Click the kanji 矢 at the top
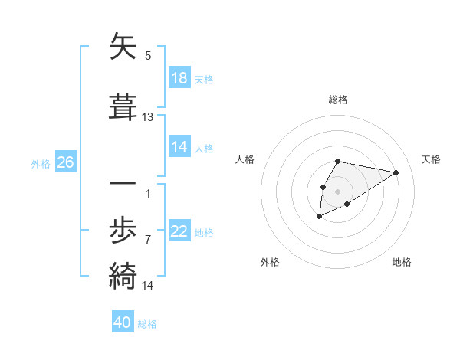point(123,47)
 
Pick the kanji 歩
point(123,230)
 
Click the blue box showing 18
point(179,78)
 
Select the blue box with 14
point(179,147)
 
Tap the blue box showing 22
point(179,231)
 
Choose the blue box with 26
point(65,162)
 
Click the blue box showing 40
point(123,322)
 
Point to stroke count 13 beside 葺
point(148,117)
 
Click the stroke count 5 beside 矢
point(148,56)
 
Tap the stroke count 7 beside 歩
point(148,240)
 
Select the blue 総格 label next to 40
point(147,324)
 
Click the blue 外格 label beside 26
point(41,163)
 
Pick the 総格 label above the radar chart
point(338,100)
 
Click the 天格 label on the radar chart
point(431,159)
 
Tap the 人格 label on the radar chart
point(245,159)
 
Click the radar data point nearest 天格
point(396,172)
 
